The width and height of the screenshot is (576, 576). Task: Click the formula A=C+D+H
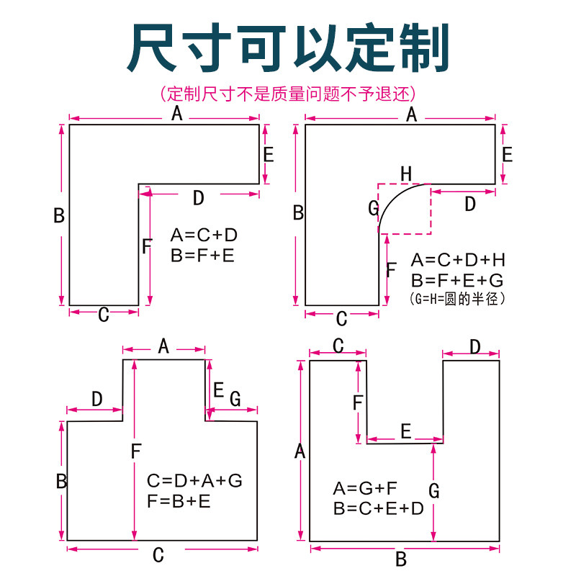(458, 260)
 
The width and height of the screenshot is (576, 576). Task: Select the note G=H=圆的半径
(457, 298)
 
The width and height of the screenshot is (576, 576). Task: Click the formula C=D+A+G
(194, 481)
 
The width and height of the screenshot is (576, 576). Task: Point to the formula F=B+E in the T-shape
(179, 501)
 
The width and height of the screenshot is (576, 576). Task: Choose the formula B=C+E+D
(379, 508)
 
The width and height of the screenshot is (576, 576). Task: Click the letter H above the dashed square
(406, 174)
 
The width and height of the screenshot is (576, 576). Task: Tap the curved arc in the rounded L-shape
(395, 197)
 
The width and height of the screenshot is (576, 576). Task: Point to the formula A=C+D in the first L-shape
(204, 235)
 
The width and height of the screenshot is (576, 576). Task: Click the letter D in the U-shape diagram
(475, 346)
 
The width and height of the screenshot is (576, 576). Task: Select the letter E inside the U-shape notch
(405, 431)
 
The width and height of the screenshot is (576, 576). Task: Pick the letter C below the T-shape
(159, 555)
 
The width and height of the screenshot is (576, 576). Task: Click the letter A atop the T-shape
(163, 346)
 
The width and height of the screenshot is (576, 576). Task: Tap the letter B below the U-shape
(402, 559)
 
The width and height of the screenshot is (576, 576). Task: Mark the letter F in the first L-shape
(146, 247)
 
